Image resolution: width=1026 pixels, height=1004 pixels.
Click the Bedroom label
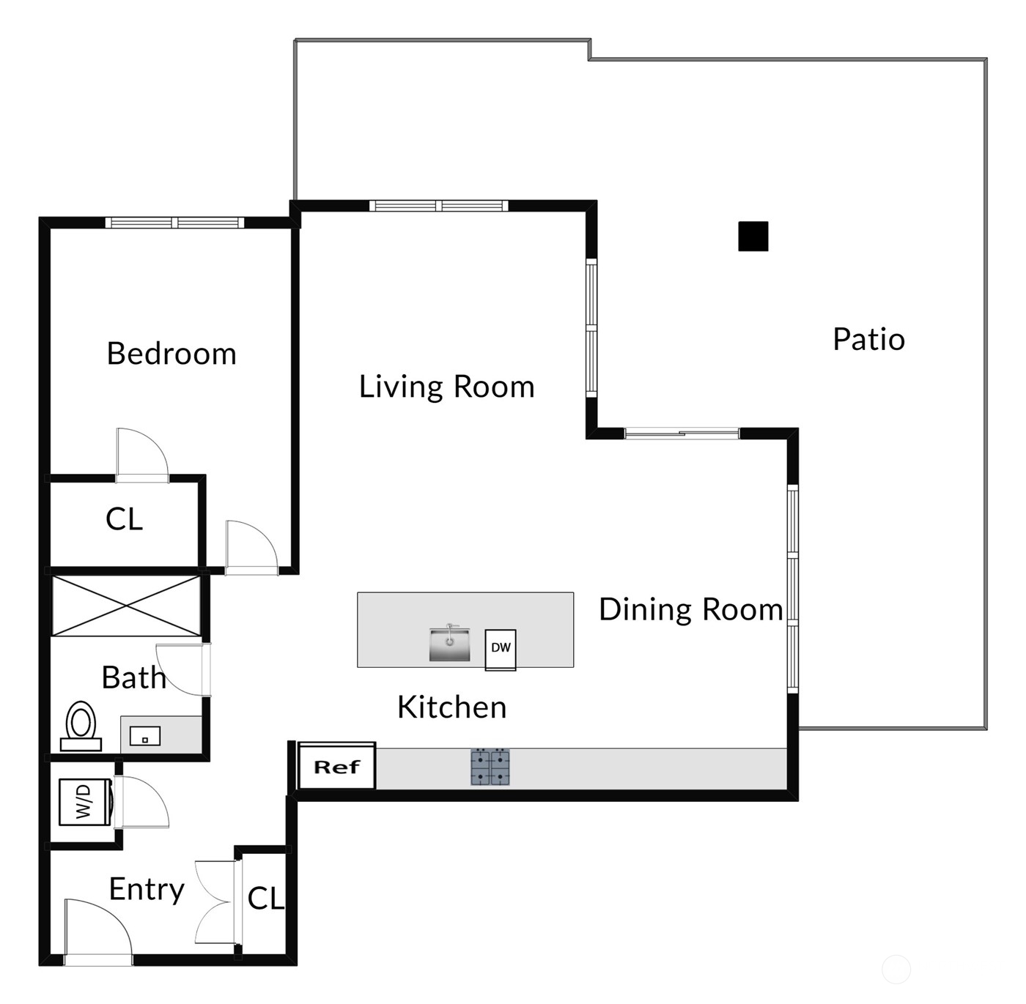click(x=171, y=354)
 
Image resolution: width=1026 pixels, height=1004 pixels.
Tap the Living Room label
click(x=446, y=387)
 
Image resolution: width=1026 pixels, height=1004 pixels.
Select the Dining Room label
click(x=690, y=609)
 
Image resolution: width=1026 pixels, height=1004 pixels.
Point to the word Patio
click(x=868, y=339)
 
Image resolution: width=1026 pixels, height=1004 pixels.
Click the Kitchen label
click(x=451, y=707)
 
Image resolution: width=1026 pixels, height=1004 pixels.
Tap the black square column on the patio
click(x=753, y=237)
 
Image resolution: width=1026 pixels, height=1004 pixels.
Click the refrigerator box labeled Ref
click(x=337, y=767)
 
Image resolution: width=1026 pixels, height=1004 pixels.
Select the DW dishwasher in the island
click(x=501, y=648)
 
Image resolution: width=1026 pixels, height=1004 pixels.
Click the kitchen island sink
click(x=449, y=644)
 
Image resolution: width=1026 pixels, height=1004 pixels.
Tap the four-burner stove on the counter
click(x=490, y=767)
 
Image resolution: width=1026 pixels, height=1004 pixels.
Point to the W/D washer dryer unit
click(x=84, y=801)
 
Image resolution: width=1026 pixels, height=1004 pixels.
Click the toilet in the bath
click(x=81, y=726)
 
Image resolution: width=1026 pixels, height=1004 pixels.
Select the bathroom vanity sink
click(x=145, y=735)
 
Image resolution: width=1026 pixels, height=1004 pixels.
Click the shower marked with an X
click(x=126, y=606)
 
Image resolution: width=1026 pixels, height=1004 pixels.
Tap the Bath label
click(x=133, y=677)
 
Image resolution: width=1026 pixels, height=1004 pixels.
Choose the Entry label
click(x=146, y=889)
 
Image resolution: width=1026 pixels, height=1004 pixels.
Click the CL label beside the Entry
click(x=265, y=899)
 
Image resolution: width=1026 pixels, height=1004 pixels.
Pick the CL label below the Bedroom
click(x=124, y=519)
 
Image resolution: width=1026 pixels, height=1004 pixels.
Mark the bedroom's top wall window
click(x=174, y=223)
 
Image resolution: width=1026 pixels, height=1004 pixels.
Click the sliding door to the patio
click(x=682, y=434)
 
